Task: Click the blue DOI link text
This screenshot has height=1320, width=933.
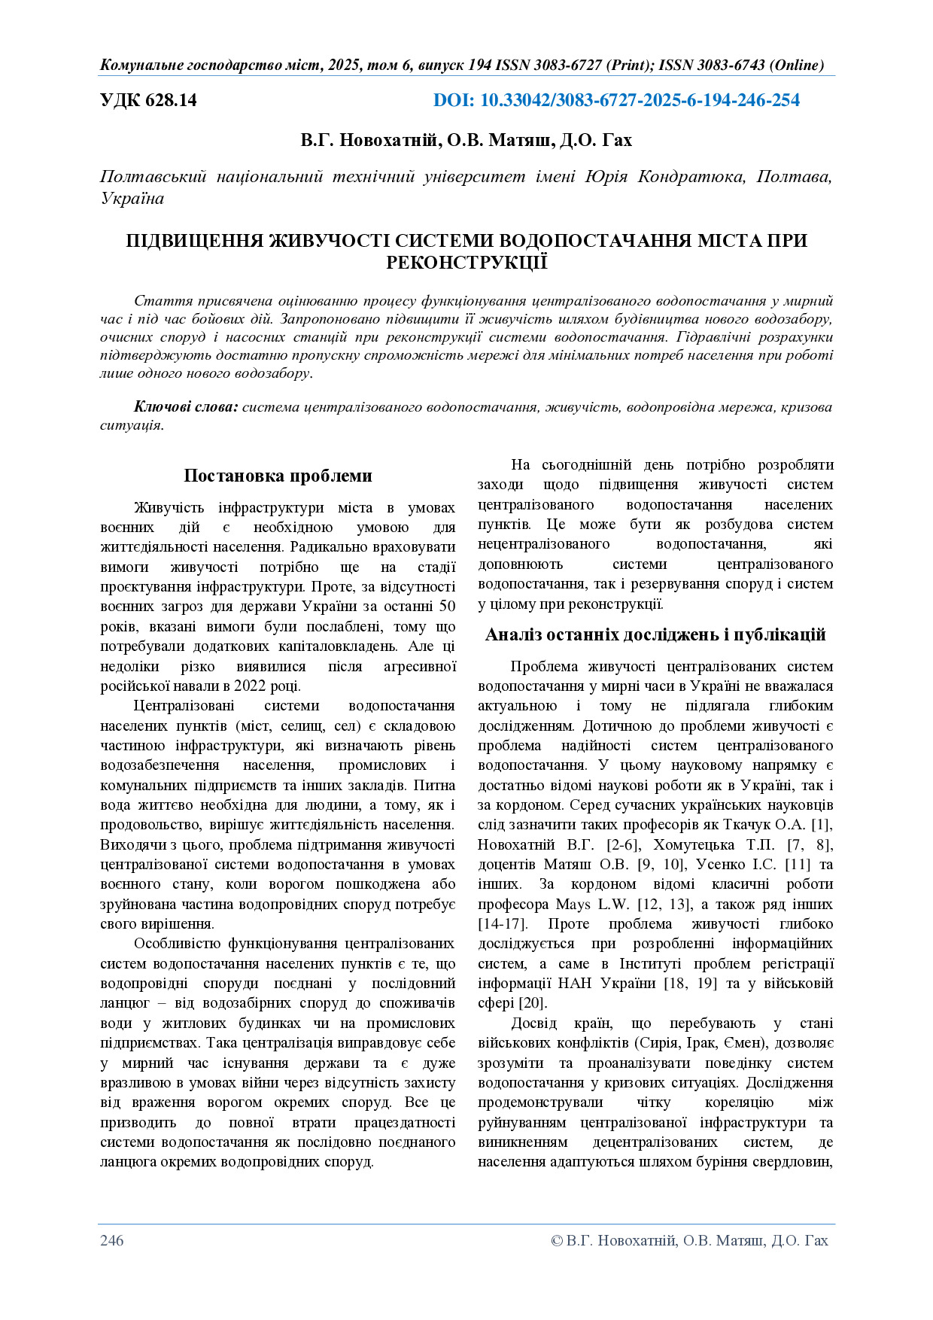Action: (616, 100)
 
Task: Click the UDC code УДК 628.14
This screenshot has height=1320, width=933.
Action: (148, 100)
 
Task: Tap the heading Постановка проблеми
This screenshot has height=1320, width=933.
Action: (278, 476)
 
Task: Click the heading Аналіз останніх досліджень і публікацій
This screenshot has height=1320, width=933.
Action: (655, 634)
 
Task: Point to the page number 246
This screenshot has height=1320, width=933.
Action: (112, 1240)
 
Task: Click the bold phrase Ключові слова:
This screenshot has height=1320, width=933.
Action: (186, 407)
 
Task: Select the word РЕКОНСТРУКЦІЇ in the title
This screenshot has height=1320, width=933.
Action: (466, 263)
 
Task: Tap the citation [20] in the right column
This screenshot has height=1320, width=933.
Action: (533, 1003)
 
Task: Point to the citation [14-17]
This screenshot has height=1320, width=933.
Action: (502, 923)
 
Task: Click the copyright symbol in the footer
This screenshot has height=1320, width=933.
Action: (557, 1240)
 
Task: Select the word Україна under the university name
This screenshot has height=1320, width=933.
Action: (132, 199)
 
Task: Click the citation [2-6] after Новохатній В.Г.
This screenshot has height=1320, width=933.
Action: (621, 844)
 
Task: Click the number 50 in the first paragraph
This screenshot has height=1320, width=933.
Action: (446, 607)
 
